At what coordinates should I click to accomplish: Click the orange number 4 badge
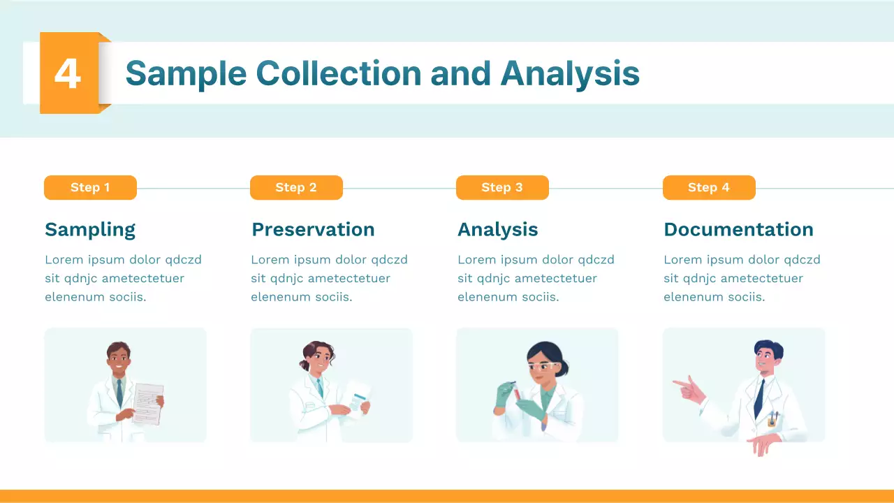[68, 73]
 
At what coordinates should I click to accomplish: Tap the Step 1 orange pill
[90, 187]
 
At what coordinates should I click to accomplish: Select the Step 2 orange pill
[296, 187]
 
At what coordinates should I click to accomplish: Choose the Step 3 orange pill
[502, 187]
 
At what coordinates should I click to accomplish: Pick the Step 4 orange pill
[709, 187]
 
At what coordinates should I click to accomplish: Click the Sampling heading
[90, 229]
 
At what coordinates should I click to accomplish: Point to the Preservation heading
[313, 229]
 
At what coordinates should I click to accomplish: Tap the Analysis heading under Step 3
[497, 229]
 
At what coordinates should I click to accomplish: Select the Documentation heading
[738, 229]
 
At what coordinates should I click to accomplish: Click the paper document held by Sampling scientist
[148, 404]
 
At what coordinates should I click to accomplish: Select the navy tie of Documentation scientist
[759, 398]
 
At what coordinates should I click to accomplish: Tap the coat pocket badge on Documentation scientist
[772, 419]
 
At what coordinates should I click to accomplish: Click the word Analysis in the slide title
[569, 73]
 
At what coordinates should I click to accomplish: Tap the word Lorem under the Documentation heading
[682, 260]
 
